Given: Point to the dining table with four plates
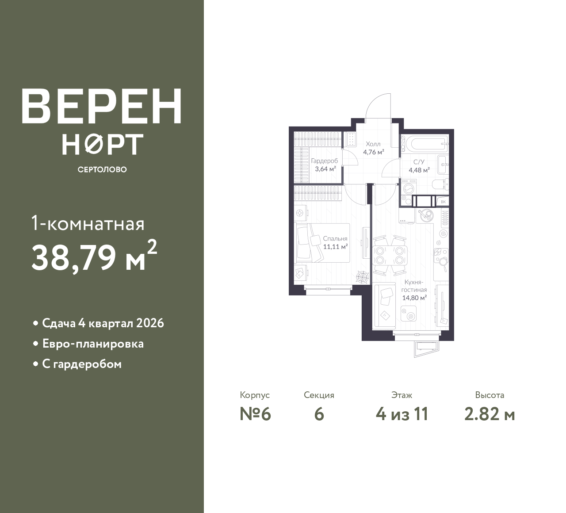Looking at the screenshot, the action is pos(390,255).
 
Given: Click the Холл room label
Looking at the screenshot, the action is pos(373,144).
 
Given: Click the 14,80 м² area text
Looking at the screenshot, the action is pos(414,298).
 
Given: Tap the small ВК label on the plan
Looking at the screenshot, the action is pos(443,202).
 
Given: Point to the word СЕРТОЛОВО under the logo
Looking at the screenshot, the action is pos(102,169).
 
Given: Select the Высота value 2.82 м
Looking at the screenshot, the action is pos(490,414).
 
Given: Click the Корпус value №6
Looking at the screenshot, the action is pos(255,414).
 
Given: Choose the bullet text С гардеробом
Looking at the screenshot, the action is pos(82,364).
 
